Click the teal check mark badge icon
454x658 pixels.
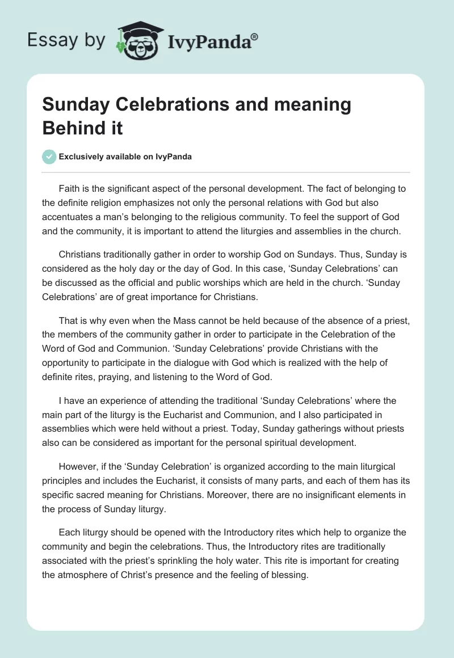pos(49,157)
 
